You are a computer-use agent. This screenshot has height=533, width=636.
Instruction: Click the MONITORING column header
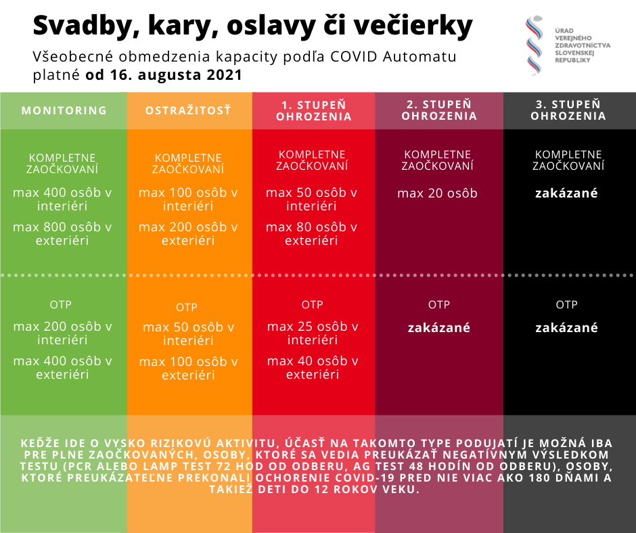64,110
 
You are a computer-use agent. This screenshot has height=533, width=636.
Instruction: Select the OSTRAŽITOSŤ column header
188,110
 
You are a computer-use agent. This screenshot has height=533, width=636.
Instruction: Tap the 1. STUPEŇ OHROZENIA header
313,110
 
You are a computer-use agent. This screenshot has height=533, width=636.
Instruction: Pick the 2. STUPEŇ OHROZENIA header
439,110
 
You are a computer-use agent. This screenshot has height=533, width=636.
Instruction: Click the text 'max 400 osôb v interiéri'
62,199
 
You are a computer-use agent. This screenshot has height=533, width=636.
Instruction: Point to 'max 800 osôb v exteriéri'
62,234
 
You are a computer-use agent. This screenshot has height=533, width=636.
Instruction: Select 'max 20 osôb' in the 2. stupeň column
437,193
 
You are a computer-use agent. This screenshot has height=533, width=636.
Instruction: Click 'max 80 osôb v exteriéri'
311,234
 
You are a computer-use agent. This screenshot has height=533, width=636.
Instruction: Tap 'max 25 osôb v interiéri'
312,333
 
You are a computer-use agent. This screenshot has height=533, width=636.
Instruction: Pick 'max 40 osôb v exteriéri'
312,368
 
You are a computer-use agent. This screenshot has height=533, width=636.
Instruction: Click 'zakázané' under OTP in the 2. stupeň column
438,328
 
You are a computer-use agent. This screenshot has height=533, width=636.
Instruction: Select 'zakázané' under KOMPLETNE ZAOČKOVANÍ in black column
566,193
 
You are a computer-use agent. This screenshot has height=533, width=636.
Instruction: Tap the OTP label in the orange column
187,308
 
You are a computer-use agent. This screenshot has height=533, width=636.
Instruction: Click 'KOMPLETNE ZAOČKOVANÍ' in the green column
62,163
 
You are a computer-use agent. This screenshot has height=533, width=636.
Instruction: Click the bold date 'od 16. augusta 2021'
163,74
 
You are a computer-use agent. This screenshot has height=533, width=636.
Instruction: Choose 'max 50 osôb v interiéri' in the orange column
188,334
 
